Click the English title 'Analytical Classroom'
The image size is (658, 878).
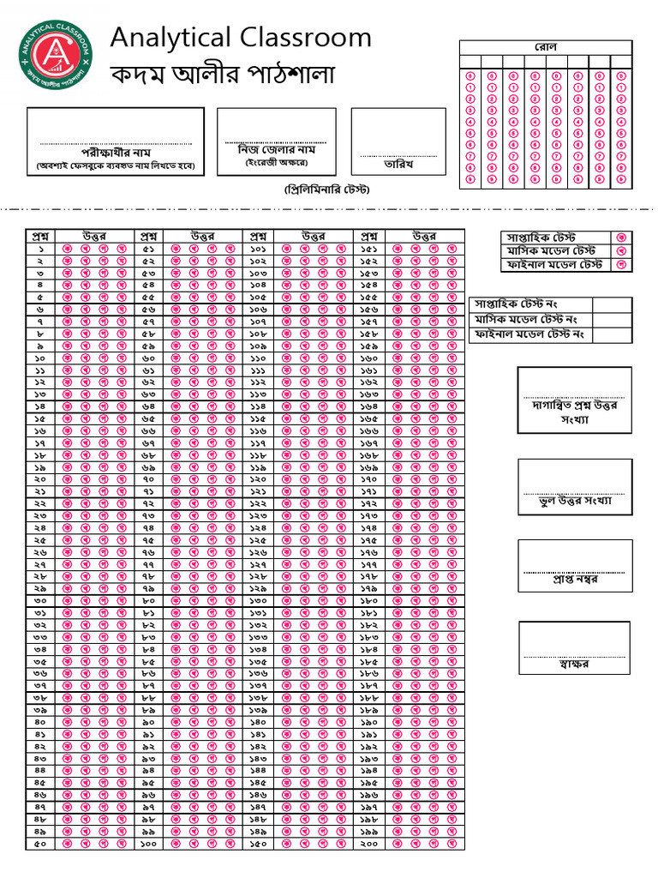[x=241, y=38]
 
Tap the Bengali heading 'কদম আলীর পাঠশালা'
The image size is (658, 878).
[x=223, y=75]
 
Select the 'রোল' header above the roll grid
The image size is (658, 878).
[x=546, y=46]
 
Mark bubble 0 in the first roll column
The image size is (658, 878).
[x=470, y=76]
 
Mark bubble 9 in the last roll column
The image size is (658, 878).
[x=621, y=179]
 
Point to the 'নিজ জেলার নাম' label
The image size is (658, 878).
[x=276, y=148]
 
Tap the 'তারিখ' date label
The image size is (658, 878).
[x=398, y=163]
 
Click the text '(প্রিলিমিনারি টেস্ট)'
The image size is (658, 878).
[x=327, y=189]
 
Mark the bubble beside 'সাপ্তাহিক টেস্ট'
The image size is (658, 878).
[x=623, y=237]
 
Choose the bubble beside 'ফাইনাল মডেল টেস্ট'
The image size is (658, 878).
[x=623, y=265]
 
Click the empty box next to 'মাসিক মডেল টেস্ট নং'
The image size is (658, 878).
[x=612, y=319]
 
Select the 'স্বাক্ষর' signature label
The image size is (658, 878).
[x=574, y=665]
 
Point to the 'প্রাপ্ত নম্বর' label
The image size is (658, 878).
[x=574, y=580]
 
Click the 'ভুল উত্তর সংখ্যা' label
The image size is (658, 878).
[x=574, y=500]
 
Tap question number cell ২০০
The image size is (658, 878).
[x=369, y=845]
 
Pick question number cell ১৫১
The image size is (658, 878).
[x=369, y=249]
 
